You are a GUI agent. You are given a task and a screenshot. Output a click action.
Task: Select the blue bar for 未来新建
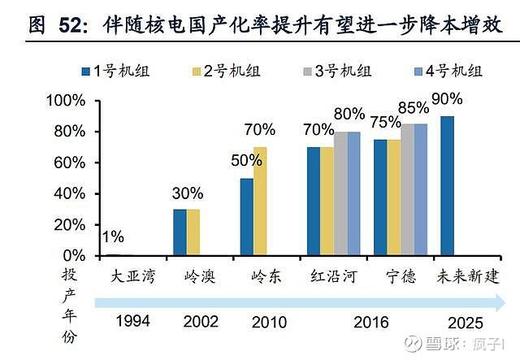447,186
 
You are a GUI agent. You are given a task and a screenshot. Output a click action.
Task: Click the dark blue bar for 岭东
247,217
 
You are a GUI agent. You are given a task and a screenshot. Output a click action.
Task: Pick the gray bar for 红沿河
340,193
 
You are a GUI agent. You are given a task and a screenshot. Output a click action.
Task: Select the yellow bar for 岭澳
193,232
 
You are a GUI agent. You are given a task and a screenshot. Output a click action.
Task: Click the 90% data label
447,100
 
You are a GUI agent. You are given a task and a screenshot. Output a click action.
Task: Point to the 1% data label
113,237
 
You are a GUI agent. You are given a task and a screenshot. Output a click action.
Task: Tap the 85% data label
414,107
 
